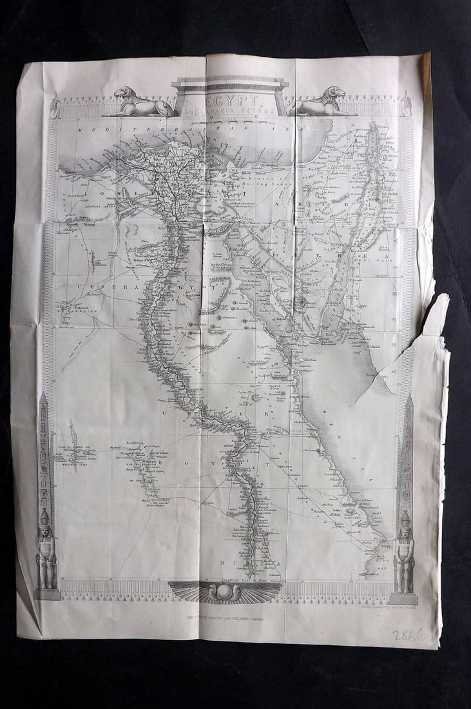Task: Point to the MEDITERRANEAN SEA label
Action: [193, 129]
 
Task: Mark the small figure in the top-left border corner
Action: [55, 106]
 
